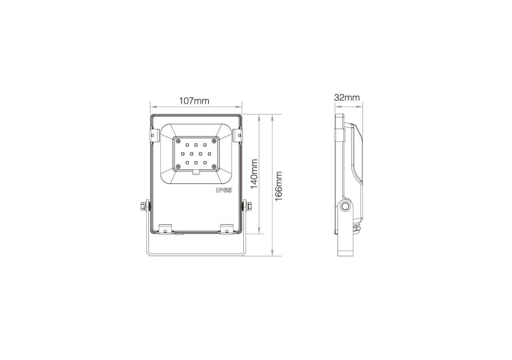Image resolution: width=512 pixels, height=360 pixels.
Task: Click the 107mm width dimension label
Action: click(194, 101)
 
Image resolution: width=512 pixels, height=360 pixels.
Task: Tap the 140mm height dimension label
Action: click(254, 174)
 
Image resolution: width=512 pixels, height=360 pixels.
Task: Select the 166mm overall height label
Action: click(279, 186)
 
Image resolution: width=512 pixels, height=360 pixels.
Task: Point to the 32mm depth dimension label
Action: click(347, 98)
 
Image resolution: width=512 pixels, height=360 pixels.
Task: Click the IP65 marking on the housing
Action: click(224, 190)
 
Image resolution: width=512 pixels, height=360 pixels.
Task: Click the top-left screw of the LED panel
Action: click(178, 141)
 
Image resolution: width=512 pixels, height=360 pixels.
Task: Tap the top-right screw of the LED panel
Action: click(214, 141)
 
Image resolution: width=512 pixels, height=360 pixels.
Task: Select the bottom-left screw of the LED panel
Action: click(178, 166)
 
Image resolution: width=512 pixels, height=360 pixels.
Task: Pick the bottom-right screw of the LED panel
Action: click(214, 166)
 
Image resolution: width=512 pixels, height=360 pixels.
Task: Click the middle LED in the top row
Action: click(196, 145)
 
